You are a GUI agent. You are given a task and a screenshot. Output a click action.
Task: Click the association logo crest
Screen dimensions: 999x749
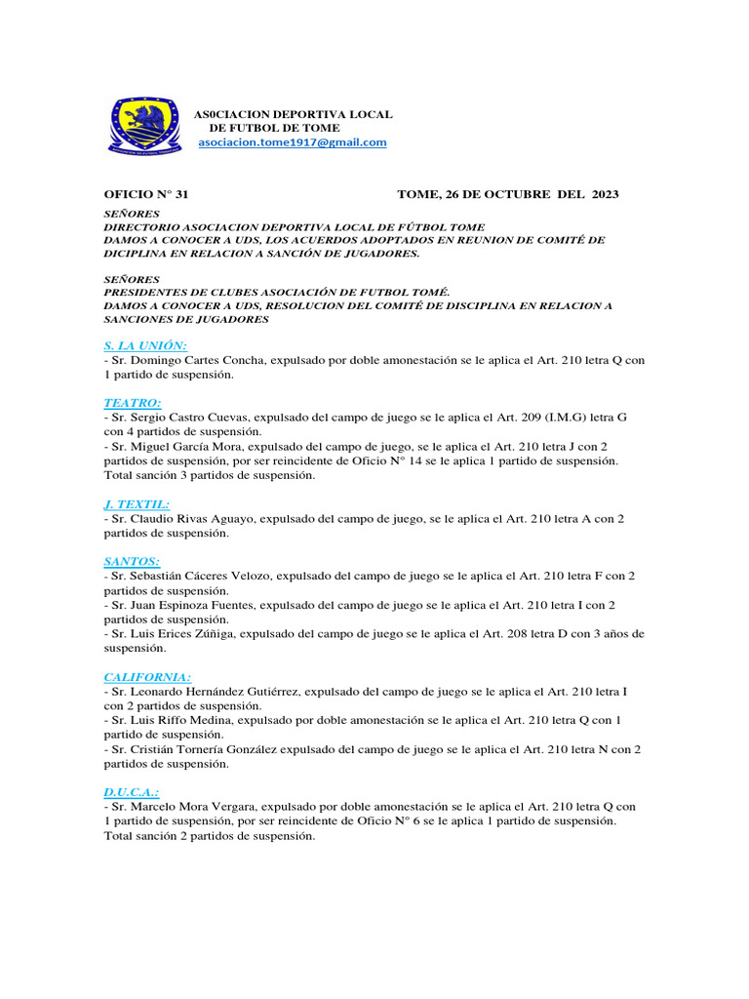143,124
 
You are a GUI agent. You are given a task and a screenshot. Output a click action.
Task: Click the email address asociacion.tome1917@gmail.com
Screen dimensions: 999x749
293,142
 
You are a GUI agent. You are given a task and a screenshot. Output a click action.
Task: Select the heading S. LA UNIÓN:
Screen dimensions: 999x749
145,345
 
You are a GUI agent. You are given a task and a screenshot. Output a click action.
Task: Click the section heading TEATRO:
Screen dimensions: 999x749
133,402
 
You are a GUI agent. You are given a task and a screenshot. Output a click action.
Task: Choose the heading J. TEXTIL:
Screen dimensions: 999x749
137,504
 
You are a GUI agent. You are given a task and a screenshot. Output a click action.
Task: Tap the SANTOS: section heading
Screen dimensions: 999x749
132,561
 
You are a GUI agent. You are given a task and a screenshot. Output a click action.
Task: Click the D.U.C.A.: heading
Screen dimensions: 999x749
132,792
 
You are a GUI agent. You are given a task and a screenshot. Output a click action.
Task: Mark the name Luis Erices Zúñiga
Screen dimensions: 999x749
184,633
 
